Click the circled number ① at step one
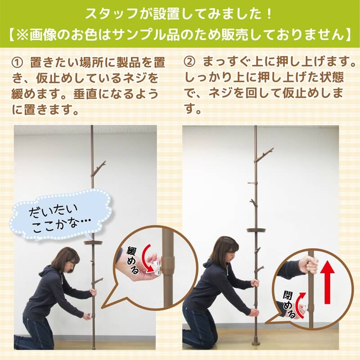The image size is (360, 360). pos(17,63)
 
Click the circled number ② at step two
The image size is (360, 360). pos(189,62)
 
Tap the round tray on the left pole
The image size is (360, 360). pos(93,243)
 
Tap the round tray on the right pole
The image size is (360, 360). pos(256,230)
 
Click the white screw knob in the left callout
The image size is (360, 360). pos(158,268)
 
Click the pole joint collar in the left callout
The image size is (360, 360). pos(168,264)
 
